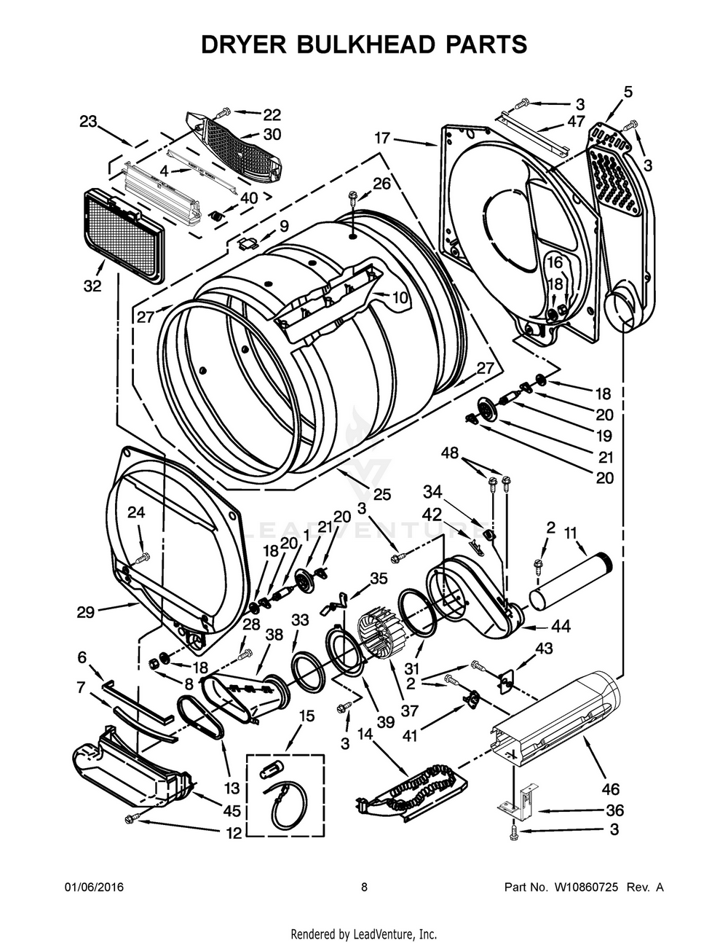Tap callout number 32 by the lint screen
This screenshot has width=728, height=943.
pos(92,286)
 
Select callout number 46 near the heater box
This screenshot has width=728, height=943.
pos(610,789)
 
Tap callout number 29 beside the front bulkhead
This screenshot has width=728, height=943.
pos(86,612)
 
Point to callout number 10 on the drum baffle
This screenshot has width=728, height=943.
pos(400,297)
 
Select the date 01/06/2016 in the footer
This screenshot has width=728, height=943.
pos(94,888)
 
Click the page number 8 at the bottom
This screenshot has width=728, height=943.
pos(364,888)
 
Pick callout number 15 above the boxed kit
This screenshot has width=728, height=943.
pos(306,716)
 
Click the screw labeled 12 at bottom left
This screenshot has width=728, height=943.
pos(132,818)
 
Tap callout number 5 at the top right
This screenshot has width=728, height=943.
pos(628,92)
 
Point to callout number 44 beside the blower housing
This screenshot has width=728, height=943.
pos(561,625)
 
